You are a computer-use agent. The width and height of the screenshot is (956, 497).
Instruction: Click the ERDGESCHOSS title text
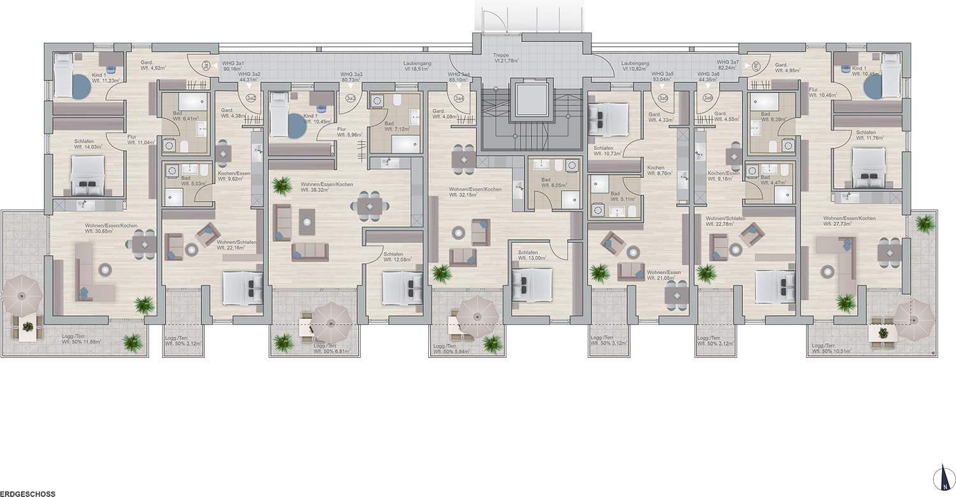[x=28, y=493]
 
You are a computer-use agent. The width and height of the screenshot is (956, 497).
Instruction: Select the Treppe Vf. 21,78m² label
[x=507, y=58]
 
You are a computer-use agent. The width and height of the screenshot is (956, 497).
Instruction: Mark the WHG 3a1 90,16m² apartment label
[x=233, y=67]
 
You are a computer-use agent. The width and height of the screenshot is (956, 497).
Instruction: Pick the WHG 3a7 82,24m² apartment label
[x=727, y=64]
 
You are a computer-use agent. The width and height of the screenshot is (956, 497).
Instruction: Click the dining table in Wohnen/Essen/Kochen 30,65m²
[x=145, y=244]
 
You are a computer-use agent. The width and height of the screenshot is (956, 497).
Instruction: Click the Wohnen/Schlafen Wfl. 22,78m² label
[x=725, y=221]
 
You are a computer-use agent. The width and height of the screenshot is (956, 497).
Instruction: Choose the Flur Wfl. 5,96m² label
[x=346, y=132]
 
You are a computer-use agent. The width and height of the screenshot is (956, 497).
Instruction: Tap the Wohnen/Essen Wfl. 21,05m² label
[x=663, y=275]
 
